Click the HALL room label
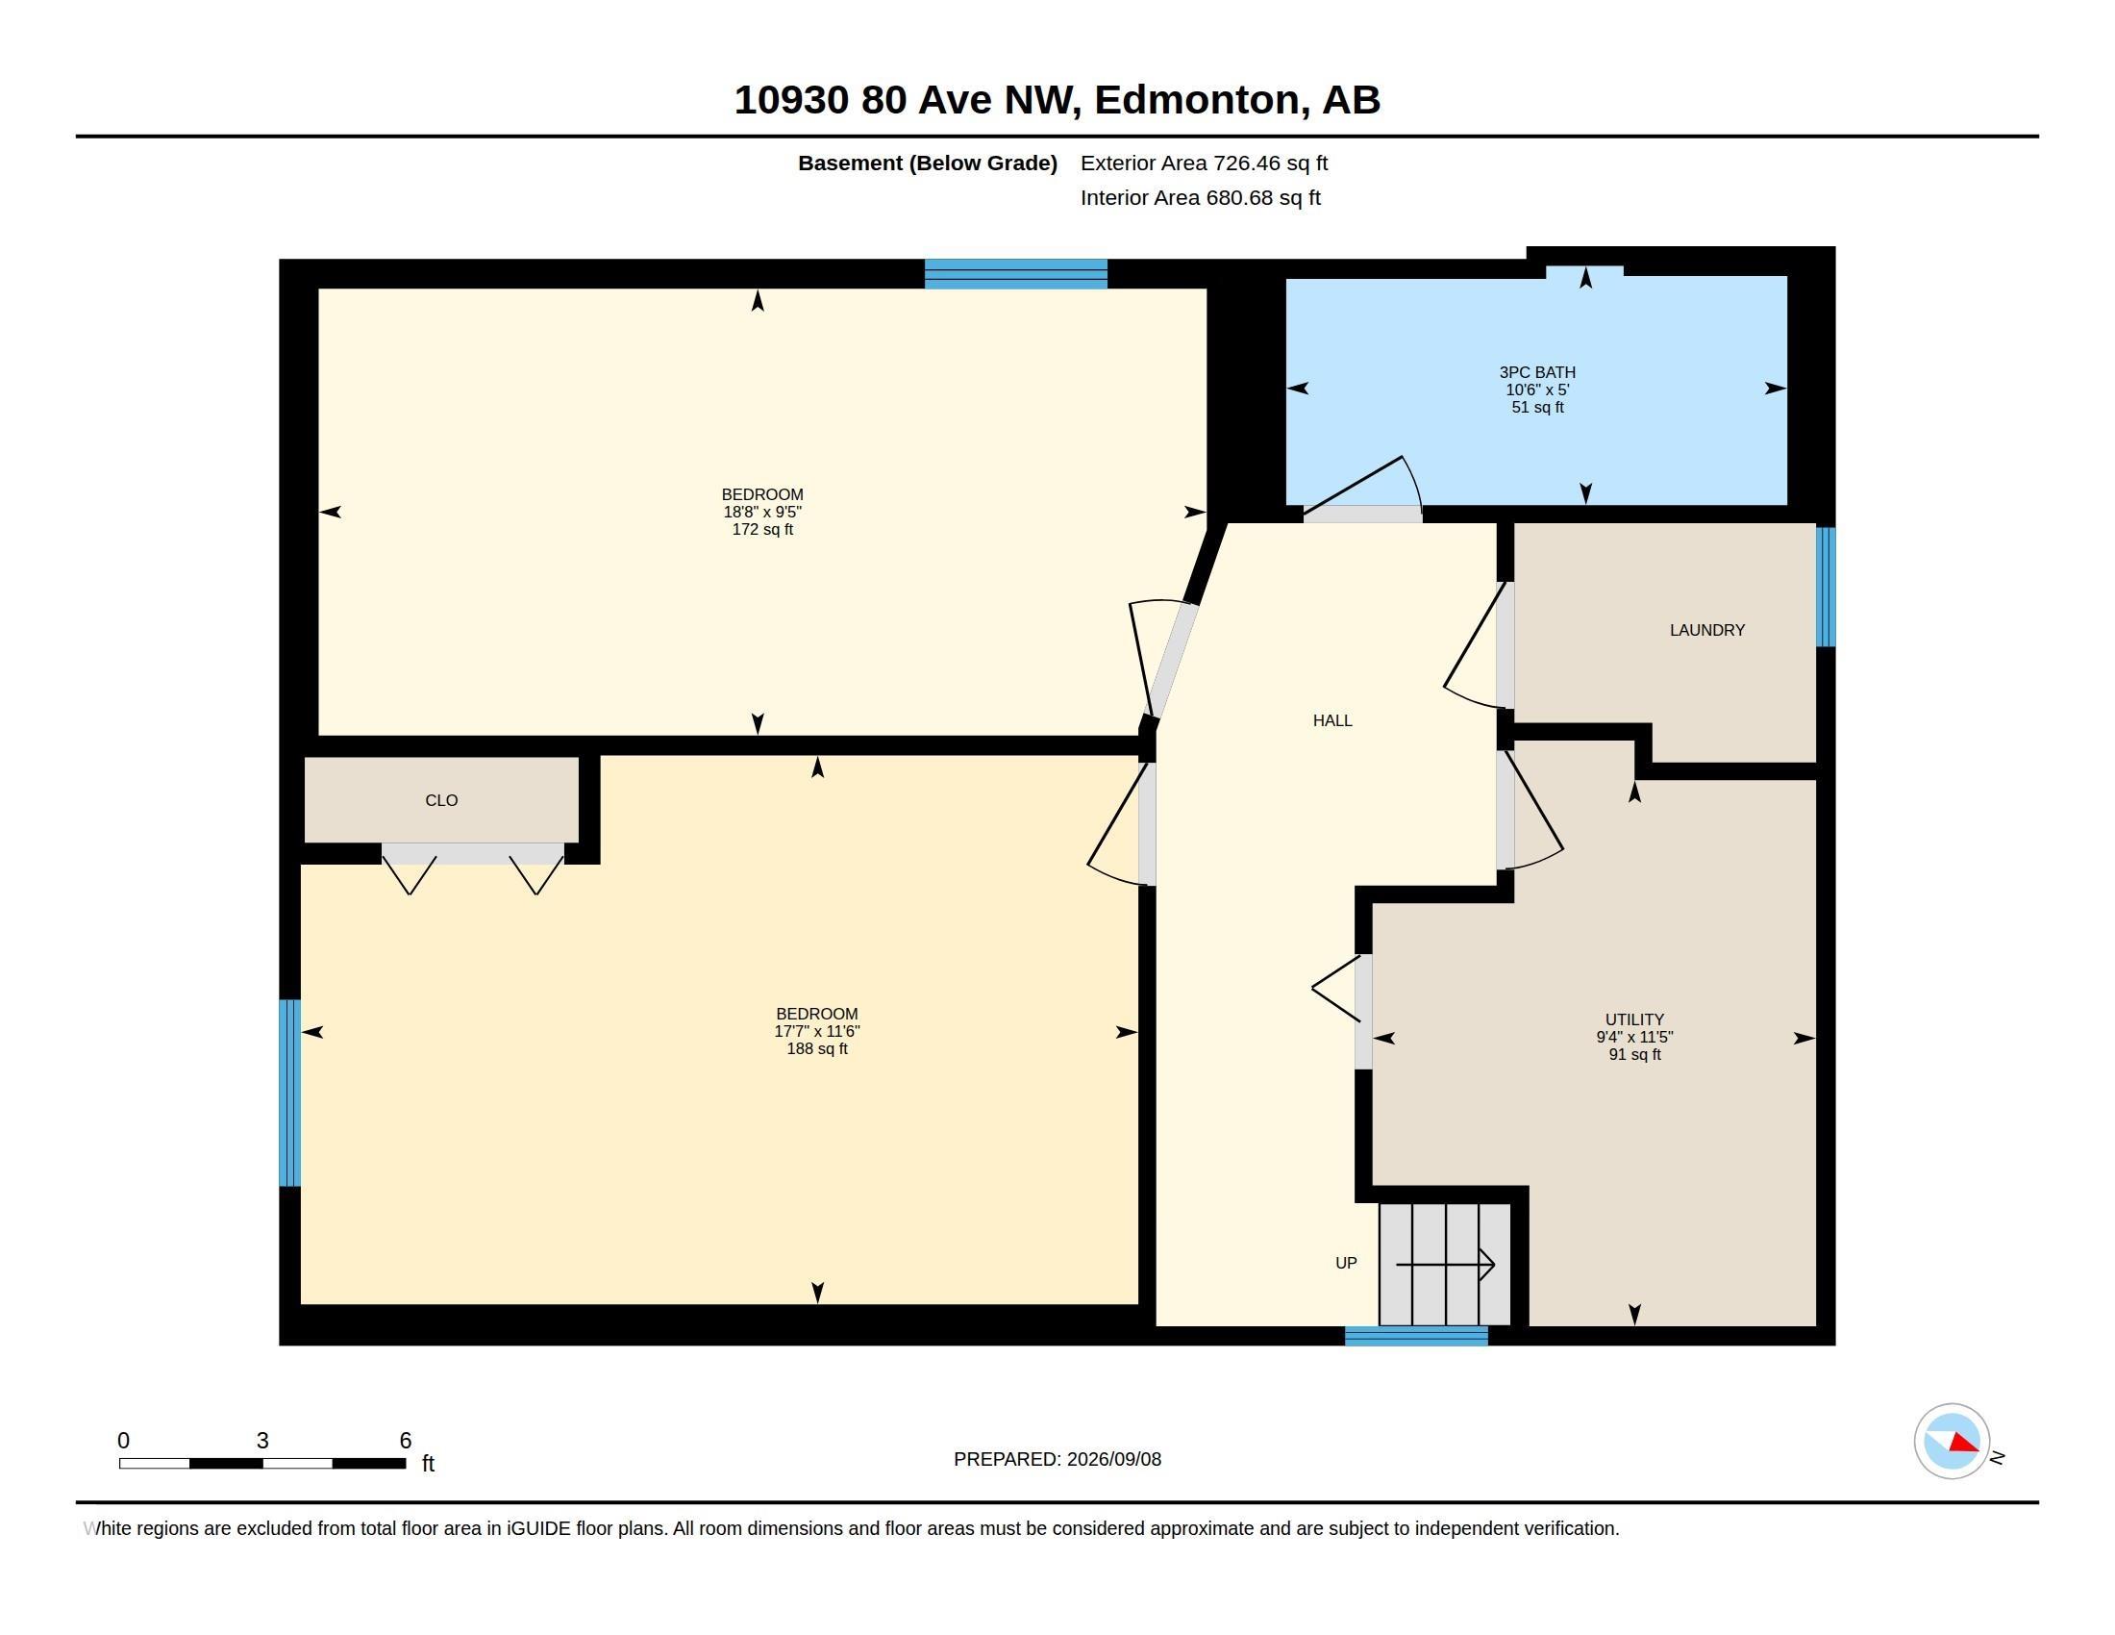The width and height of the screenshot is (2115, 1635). [1332, 720]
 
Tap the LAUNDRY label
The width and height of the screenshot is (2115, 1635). [1707, 631]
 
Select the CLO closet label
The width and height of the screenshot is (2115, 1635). [441, 800]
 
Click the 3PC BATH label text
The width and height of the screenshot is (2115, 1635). [1537, 372]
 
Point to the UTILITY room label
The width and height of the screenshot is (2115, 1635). [1634, 1019]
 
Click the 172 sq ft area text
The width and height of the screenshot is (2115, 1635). [762, 530]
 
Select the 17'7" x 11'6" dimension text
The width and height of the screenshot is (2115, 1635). [816, 1032]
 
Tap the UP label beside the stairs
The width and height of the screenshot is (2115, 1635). [1346, 1263]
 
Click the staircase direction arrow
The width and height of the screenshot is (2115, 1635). [1445, 1264]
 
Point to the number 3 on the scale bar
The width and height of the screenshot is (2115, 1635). [262, 1441]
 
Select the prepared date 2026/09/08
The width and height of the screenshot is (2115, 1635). [1113, 1459]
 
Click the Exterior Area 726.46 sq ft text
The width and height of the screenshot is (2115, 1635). [1204, 163]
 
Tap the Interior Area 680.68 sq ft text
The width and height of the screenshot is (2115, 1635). [1201, 197]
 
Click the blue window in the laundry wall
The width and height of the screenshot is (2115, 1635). [1826, 587]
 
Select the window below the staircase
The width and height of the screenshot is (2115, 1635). [1416, 1336]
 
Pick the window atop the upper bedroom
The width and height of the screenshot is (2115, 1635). [1016, 274]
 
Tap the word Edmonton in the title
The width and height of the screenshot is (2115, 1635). [1197, 100]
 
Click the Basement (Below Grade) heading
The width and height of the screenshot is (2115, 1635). [928, 163]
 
